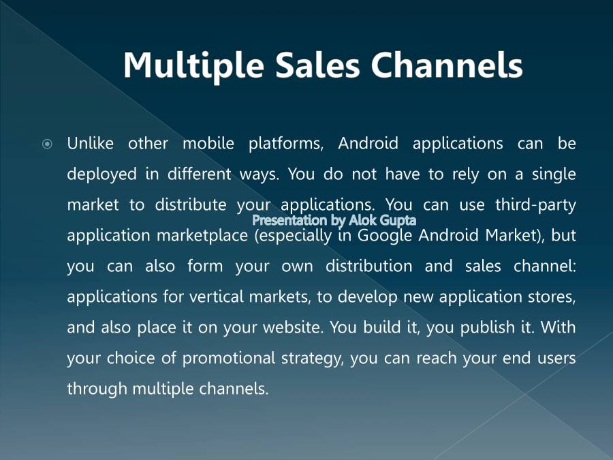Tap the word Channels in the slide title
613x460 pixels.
[447, 65]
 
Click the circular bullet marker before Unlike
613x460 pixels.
[47, 144]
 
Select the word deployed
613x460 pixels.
[100, 175]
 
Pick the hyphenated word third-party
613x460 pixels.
[535, 205]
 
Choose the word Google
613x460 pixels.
[386, 236]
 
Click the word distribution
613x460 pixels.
[368, 266]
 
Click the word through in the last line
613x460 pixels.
[97, 389]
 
